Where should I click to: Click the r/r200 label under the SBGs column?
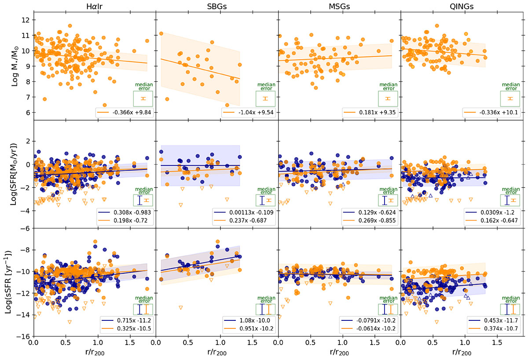coord(216,353)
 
